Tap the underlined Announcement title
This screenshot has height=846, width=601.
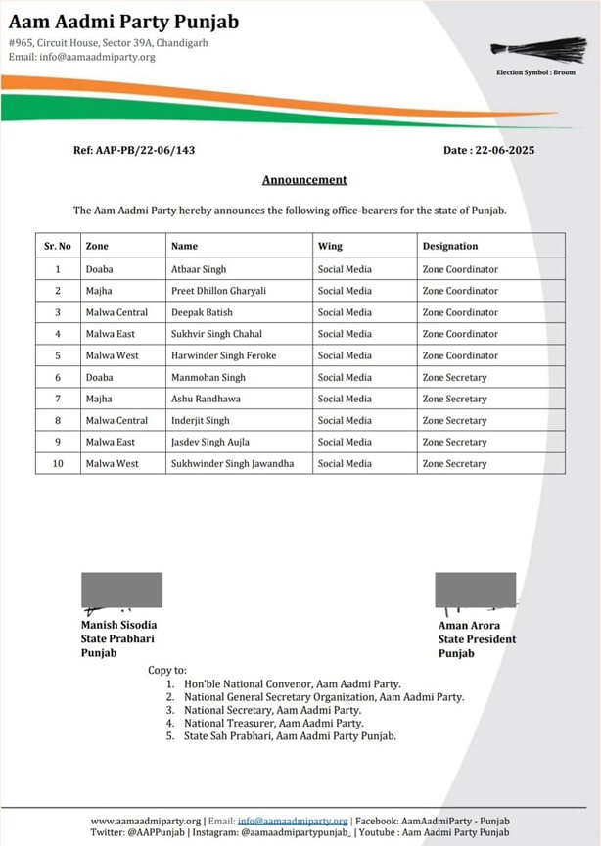[x=304, y=180]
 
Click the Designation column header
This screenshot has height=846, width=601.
[x=450, y=246]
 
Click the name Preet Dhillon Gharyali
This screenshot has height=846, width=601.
[x=218, y=291]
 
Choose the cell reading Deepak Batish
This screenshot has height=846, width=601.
[x=203, y=312]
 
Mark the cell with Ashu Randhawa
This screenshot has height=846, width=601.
[x=206, y=399]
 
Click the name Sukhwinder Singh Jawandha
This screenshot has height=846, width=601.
[x=232, y=463]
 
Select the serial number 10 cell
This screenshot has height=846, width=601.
[x=58, y=463]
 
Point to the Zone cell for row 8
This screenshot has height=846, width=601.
[x=116, y=420]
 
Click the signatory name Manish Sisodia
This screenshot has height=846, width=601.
[x=118, y=625]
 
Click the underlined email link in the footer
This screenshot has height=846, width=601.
[x=293, y=821]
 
